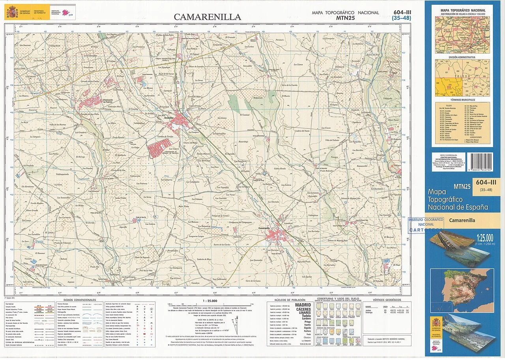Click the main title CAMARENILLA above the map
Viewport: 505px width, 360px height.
[x=208, y=17]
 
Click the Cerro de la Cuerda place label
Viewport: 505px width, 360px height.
[x=289, y=85]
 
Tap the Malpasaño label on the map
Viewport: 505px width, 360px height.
[x=258, y=97]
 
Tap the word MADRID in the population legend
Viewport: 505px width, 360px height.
[x=303, y=304]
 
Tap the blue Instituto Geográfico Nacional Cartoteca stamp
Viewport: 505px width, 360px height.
[x=425, y=224]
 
